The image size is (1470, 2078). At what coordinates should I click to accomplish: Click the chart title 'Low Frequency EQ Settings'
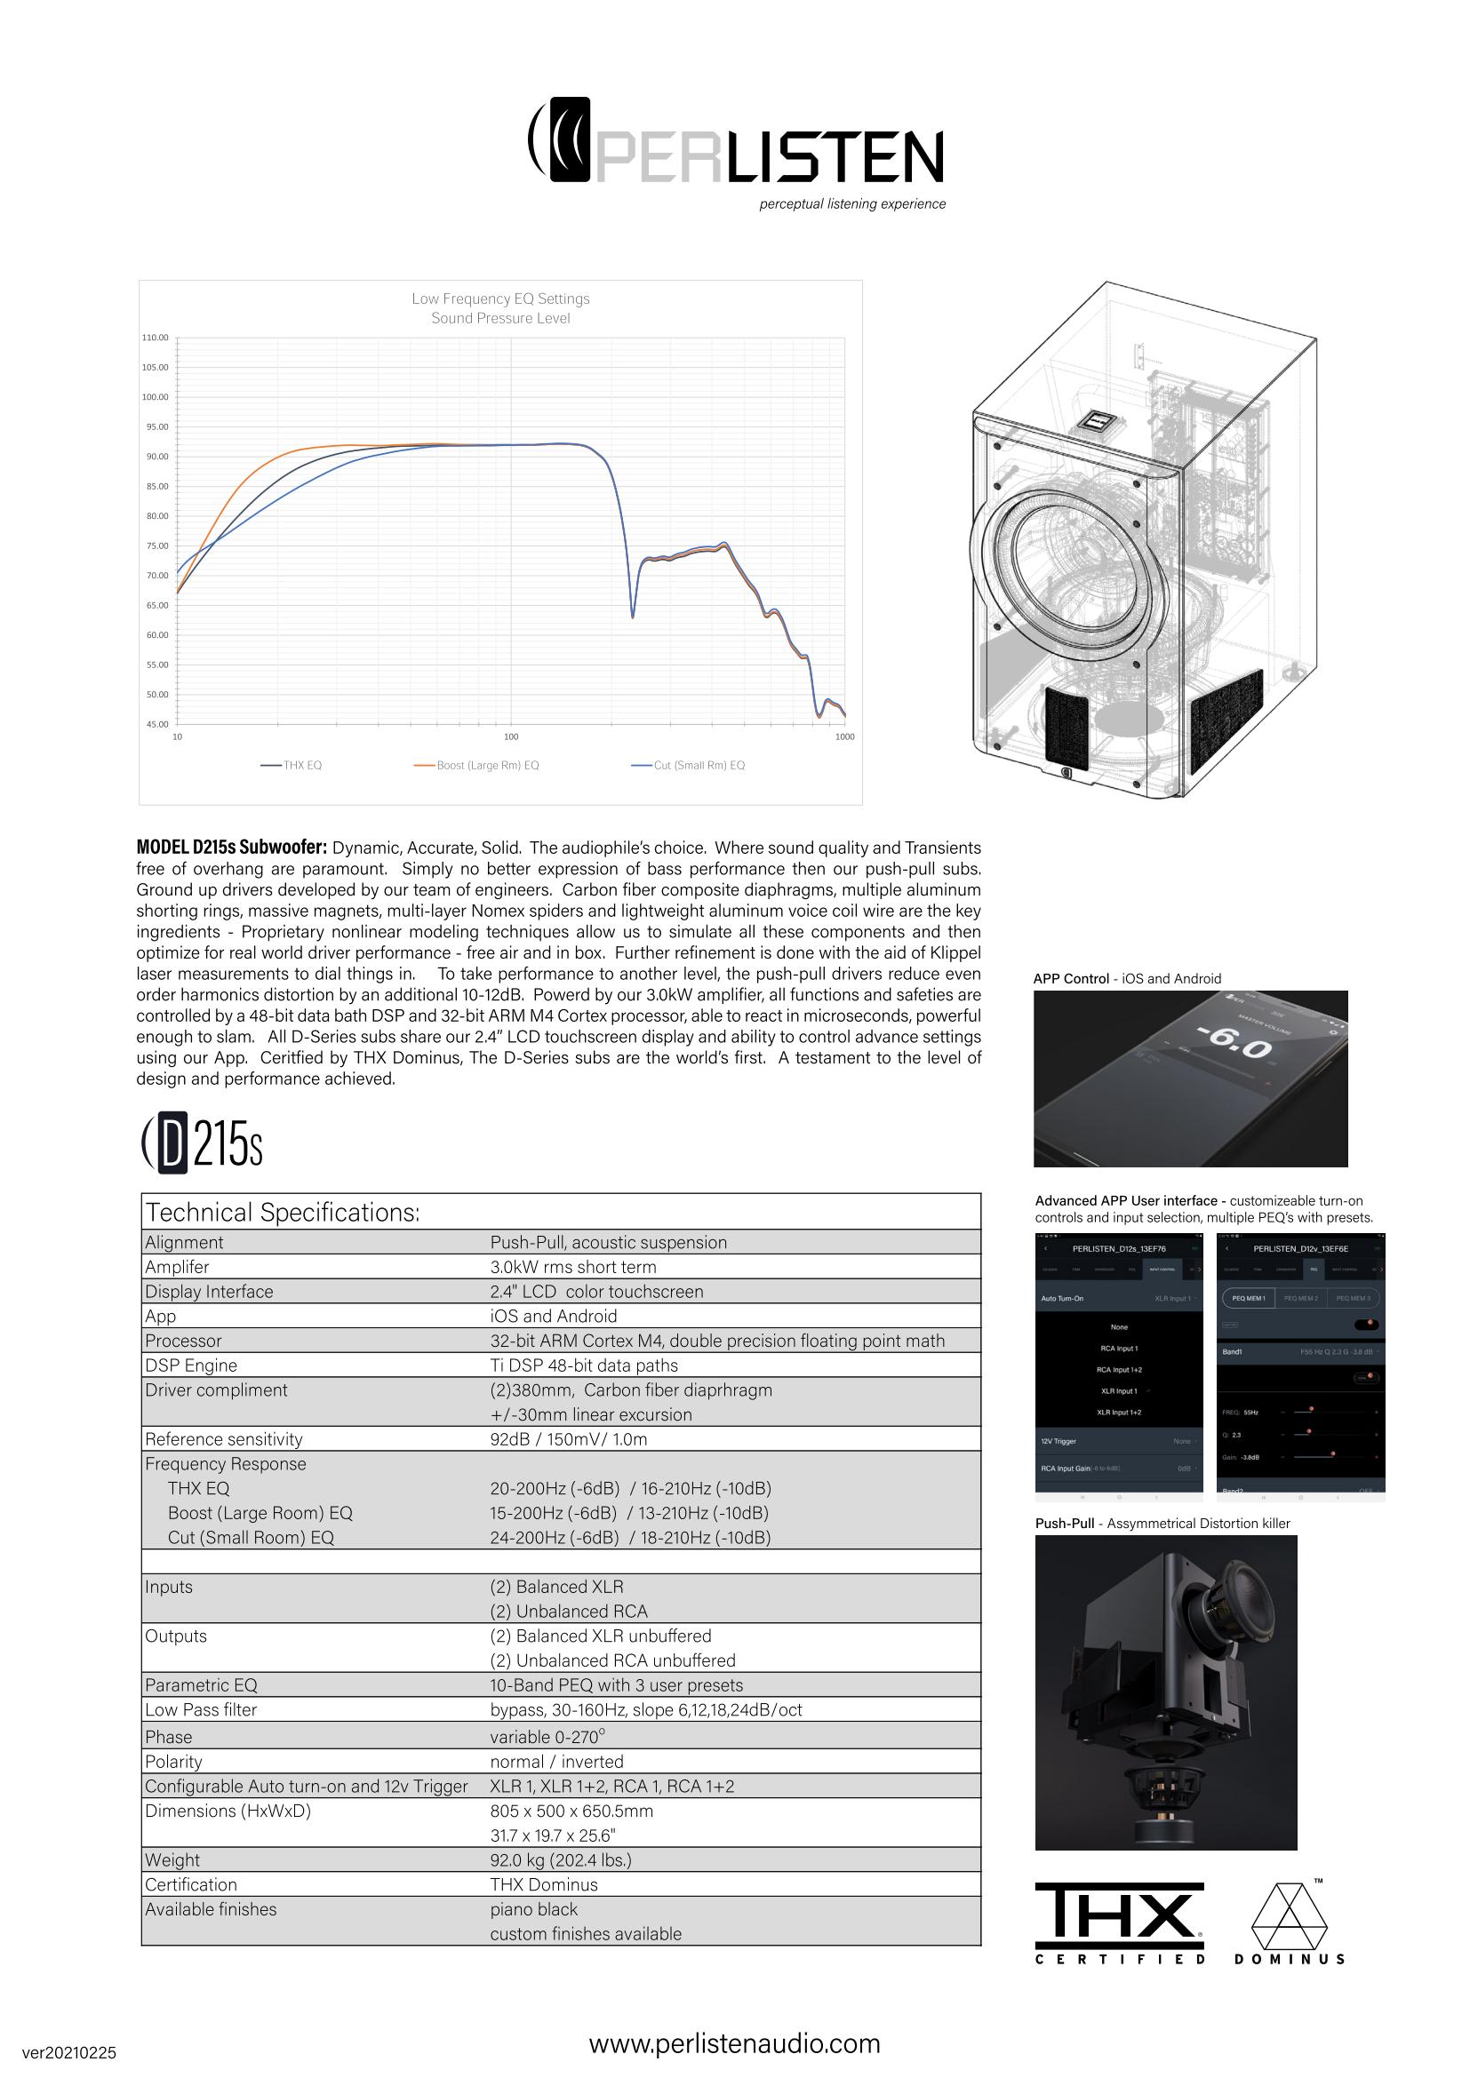(x=500, y=299)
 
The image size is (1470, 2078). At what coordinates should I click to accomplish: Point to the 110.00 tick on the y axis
(x=155, y=338)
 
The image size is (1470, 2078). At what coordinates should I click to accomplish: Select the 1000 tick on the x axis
(x=844, y=736)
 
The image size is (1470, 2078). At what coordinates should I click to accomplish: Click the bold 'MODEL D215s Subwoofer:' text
(x=231, y=848)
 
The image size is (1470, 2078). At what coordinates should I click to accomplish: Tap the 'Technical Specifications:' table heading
(x=283, y=1213)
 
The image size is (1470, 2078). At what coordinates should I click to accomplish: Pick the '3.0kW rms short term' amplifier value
(x=573, y=1267)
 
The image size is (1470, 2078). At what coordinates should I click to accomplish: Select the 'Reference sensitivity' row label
(x=224, y=1439)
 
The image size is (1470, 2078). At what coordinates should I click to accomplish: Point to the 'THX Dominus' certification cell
(x=543, y=1884)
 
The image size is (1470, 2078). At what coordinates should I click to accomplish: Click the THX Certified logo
(x=1120, y=1923)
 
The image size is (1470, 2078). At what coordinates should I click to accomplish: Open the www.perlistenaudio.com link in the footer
(x=734, y=2043)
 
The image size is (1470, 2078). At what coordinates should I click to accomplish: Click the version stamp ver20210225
(x=68, y=2052)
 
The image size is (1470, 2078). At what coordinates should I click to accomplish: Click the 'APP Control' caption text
(x=1071, y=978)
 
